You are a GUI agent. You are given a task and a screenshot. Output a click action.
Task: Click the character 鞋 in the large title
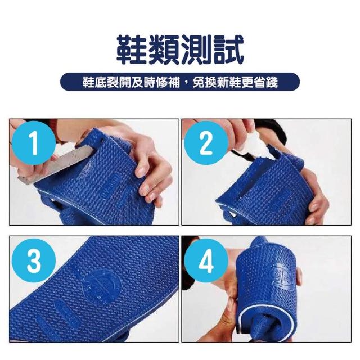[x=132, y=49]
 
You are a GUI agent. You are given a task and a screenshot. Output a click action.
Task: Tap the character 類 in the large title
[x=164, y=49]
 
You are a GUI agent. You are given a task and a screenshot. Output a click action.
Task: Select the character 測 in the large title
[x=196, y=49]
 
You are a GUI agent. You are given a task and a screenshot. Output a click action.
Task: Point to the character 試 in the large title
[x=227, y=49]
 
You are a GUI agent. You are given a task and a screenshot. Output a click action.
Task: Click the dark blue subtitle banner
[x=180, y=82]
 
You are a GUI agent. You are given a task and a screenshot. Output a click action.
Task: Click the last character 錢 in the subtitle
[x=272, y=82]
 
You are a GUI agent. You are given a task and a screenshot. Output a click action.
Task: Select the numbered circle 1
[x=34, y=143]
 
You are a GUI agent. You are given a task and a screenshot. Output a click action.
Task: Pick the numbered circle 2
[x=206, y=143]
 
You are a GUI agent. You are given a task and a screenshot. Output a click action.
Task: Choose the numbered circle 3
[x=34, y=260]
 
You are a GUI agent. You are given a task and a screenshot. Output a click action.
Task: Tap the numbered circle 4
[x=206, y=260]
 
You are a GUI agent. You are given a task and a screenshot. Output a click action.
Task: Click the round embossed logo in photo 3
[x=101, y=285]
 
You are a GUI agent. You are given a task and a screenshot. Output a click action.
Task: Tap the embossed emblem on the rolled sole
[x=281, y=274]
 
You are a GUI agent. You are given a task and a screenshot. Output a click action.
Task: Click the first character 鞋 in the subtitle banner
[x=88, y=82]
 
